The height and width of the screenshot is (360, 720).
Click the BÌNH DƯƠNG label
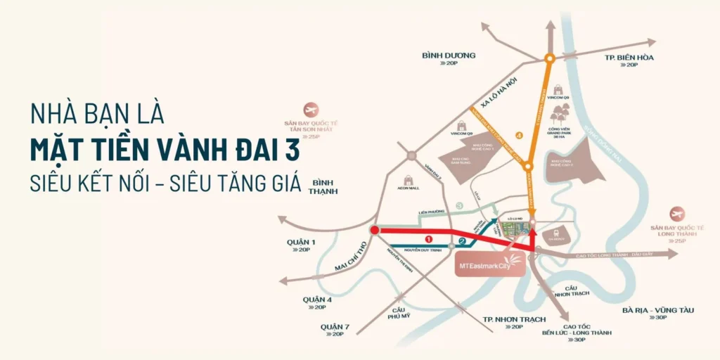click(449, 56)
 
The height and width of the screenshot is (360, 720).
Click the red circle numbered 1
click(428, 238)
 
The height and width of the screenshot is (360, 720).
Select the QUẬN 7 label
click(335, 327)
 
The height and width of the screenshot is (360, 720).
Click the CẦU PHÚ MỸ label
click(398, 313)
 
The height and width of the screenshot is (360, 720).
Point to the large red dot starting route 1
click(374, 230)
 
